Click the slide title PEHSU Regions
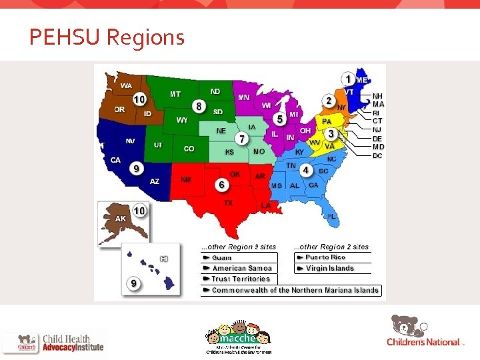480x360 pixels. click(x=107, y=37)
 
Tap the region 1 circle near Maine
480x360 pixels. click(x=348, y=79)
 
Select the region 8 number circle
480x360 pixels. click(x=199, y=106)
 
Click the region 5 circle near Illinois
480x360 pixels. click(x=281, y=119)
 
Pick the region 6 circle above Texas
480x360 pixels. click(x=222, y=184)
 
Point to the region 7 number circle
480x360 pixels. click(x=243, y=138)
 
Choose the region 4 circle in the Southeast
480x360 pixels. click(x=305, y=170)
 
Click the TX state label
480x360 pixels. click(x=229, y=203)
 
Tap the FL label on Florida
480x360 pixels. click(x=331, y=217)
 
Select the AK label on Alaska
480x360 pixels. click(x=121, y=219)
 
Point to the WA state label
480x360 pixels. click(x=126, y=86)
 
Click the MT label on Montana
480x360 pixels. click(x=175, y=94)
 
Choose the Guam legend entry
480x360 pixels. click(x=222, y=257)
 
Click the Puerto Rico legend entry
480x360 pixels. click(x=325, y=257)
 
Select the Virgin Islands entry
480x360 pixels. click(x=329, y=268)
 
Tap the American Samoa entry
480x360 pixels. click(x=242, y=268)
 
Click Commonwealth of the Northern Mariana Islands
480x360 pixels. click(x=295, y=290)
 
